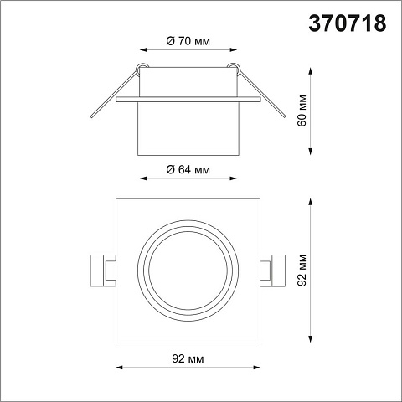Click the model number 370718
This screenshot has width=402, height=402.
click(348, 23)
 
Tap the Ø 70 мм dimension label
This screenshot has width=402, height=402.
click(188, 41)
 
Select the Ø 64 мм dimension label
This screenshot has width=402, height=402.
click(188, 169)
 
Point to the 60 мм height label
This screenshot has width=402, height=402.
click(301, 111)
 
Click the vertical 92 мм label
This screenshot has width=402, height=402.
click(301, 270)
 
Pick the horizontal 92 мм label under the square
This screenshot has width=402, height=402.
click(188, 358)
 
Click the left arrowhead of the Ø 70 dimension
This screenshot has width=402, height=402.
click(143, 50)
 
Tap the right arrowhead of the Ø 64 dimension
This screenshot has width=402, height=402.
click(233, 178)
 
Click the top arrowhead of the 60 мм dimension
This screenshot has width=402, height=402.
click(310, 71)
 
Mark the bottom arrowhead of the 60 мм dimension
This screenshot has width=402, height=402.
click(310, 151)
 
